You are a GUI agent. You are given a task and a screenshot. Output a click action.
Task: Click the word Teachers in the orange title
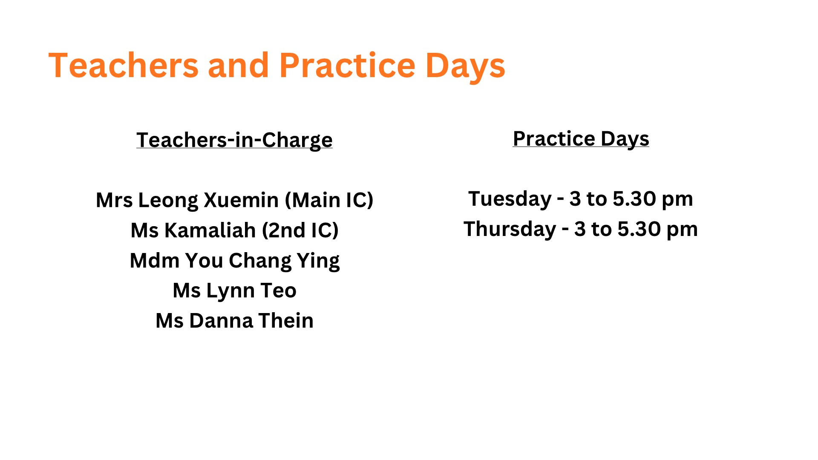point(124,65)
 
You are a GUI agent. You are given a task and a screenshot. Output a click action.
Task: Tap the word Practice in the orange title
point(347,65)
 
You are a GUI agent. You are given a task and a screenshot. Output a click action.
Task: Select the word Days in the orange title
point(465,67)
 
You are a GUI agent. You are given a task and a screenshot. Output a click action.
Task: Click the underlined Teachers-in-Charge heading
point(234,140)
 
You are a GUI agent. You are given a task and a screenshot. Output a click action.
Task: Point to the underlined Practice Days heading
point(581,139)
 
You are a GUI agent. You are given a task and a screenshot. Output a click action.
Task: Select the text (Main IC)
point(329,200)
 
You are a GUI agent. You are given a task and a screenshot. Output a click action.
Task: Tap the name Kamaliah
point(210,230)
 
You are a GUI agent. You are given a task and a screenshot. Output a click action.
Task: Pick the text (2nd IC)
point(300,230)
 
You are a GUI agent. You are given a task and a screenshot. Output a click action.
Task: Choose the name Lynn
point(230,291)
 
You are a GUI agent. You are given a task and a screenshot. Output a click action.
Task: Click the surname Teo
point(279,290)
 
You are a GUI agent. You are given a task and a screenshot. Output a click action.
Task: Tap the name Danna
point(221,321)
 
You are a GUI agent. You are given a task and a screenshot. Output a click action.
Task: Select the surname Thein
point(286,321)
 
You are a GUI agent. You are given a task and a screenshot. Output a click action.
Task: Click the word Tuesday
point(510,199)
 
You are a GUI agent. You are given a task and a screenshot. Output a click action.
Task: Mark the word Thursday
point(510,230)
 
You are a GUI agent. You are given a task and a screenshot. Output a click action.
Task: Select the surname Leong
point(168,201)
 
